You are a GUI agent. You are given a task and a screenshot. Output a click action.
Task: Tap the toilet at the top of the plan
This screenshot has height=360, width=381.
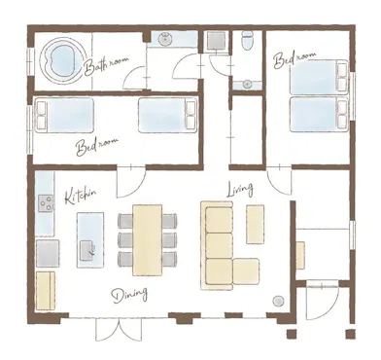(x=249, y=40)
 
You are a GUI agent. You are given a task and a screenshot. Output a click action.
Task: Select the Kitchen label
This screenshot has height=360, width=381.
(x=81, y=195)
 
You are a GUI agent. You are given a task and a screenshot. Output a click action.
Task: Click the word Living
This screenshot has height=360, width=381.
(x=239, y=190)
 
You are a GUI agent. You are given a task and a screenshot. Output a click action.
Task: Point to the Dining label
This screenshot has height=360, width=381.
(x=129, y=295)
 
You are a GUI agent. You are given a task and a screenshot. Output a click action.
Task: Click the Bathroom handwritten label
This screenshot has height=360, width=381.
(x=106, y=65)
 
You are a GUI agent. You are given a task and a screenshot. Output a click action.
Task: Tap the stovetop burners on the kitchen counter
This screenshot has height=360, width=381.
(x=47, y=203)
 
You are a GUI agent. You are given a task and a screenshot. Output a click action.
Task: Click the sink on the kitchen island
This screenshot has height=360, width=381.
(x=87, y=250)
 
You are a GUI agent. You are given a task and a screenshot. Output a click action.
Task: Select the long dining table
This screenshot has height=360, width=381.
(x=148, y=240)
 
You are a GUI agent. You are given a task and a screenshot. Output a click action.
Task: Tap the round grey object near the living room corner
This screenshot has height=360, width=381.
(x=278, y=302)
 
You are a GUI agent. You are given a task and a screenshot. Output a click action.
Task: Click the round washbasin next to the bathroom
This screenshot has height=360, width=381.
(x=165, y=40)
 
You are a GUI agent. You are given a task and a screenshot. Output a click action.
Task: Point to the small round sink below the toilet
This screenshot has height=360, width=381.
(x=248, y=85)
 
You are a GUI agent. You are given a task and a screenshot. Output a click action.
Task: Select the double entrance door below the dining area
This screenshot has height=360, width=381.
(x=119, y=329)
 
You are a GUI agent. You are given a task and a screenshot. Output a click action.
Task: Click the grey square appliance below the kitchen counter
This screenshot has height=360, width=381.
(x=48, y=253)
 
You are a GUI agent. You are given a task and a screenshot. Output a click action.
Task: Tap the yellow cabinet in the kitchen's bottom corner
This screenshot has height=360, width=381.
(x=46, y=291)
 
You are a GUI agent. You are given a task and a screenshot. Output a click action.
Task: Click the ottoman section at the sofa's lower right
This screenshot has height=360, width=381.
(x=246, y=271)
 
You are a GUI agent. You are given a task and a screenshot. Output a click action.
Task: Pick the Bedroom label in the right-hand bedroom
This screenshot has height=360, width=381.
(x=294, y=60)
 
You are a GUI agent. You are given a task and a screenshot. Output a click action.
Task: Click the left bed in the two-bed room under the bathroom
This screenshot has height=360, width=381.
(x=64, y=115)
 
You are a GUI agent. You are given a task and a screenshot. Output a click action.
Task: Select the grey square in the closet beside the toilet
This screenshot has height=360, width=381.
(x=216, y=40)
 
